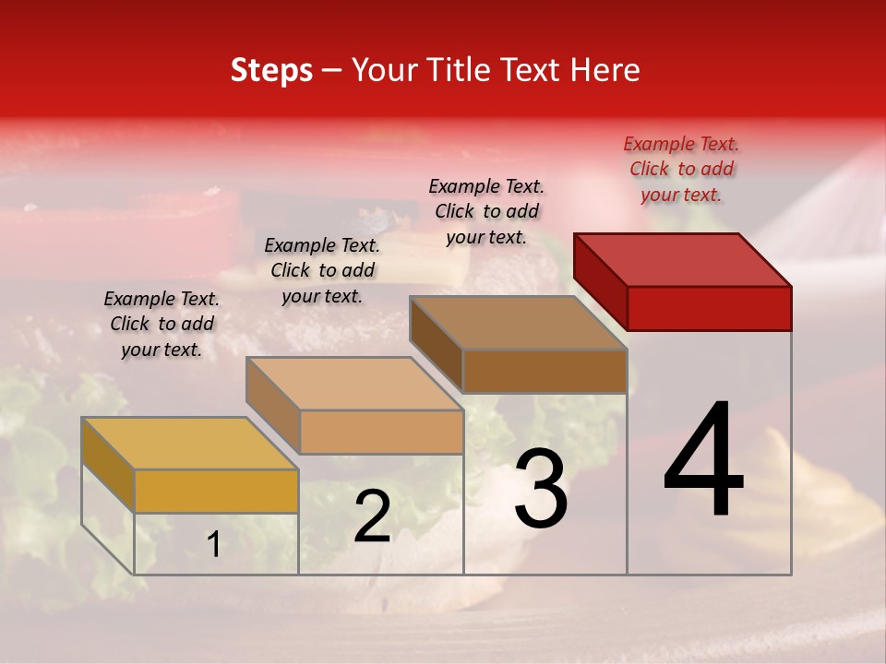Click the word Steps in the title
coord(271,70)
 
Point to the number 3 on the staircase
coord(541,489)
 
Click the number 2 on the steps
coord(373,517)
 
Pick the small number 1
coord(214,545)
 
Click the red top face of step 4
coord(683,259)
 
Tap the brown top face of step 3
coord(519,323)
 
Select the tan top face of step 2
coord(354,384)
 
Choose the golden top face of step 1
coord(190,444)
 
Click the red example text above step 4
coord(681,169)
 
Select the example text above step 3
coord(486,211)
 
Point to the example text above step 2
coord(322,270)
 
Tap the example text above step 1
coord(162,324)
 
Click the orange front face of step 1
coord(216,491)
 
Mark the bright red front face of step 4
coord(709,308)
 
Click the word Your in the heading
coord(384,70)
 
